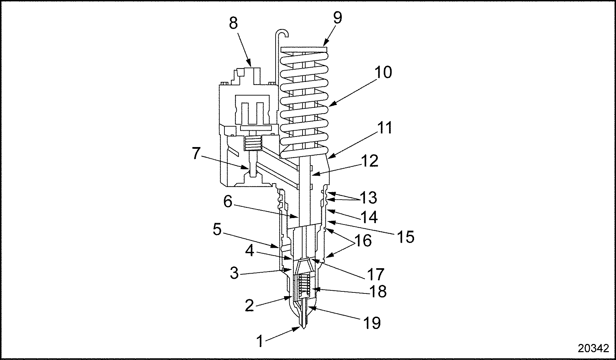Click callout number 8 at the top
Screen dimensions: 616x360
pyautogui.click(x=233, y=24)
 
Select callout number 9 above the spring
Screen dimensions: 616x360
pyautogui.click(x=337, y=18)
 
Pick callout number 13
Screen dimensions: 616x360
pyautogui.click(x=368, y=198)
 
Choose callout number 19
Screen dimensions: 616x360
pyautogui.click(x=371, y=323)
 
